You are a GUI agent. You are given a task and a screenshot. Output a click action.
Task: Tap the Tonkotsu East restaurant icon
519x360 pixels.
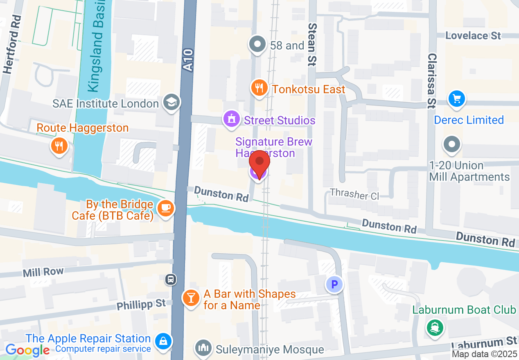[x=259, y=88]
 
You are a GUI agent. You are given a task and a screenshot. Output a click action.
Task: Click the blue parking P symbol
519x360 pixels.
[x=334, y=284]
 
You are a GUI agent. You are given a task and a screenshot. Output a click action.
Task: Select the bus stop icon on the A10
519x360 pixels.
[x=171, y=280]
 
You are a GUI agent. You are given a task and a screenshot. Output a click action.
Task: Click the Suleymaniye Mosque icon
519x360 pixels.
[x=203, y=348]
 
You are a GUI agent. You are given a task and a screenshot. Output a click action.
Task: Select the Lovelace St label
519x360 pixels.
[x=473, y=36]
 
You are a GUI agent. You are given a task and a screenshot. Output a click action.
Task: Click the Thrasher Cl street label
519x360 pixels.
[x=354, y=194]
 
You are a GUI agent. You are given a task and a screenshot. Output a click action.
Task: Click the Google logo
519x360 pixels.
[x=27, y=350]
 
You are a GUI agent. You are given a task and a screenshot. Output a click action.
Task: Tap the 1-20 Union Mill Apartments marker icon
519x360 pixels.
[x=452, y=144]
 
